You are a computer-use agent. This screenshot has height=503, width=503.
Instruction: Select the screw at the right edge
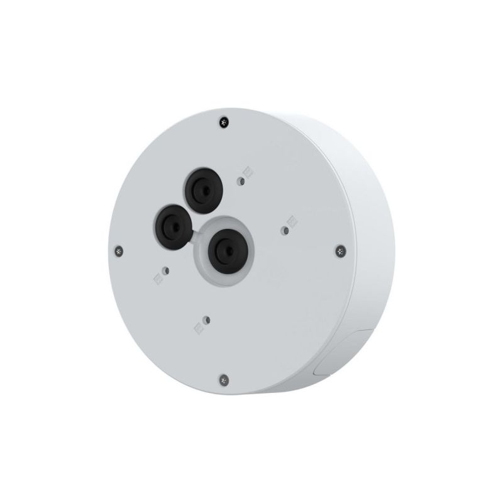click(x=340, y=251)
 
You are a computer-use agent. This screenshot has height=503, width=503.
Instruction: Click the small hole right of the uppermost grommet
click(x=241, y=181)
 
